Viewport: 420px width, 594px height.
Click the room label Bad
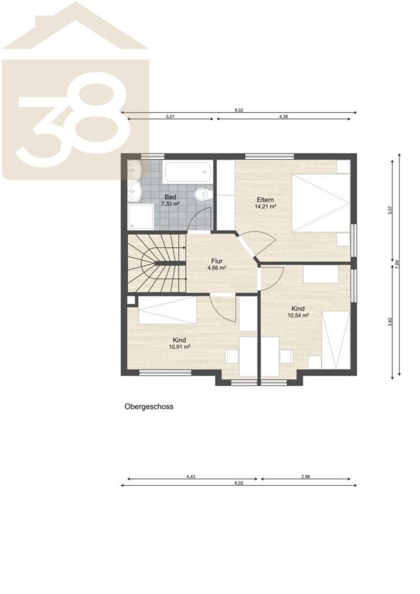pos(170,197)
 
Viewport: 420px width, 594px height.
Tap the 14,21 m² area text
pos(265,207)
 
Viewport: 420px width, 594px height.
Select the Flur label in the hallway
pos(217,261)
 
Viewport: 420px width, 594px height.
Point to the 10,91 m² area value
pos(180,346)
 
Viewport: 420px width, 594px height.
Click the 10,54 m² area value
pos(298,315)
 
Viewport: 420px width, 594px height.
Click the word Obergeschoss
pos(149,407)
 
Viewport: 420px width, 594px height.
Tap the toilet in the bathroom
pos(203,194)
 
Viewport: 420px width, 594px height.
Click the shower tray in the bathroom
pos(141,217)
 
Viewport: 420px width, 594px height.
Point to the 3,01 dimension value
pos(170,117)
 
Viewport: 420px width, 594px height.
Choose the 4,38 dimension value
pos(283,117)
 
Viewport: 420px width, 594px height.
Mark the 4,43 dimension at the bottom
pos(191,477)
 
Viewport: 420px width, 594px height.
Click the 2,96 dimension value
pos(306,477)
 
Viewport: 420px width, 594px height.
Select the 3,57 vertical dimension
pos(390,211)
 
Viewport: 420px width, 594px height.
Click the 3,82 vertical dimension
pos(390,321)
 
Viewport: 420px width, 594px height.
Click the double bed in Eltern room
pos(320,203)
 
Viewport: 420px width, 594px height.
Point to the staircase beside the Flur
pos(156,263)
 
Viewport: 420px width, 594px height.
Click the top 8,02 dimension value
pos(238,110)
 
